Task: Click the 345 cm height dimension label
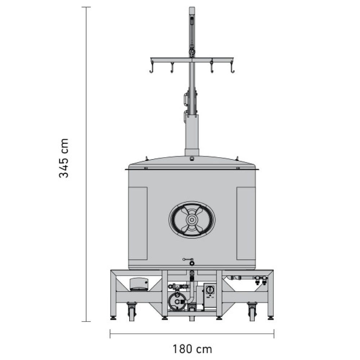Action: point(64,158)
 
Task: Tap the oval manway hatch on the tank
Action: point(192,220)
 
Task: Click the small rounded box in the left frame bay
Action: point(139,284)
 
